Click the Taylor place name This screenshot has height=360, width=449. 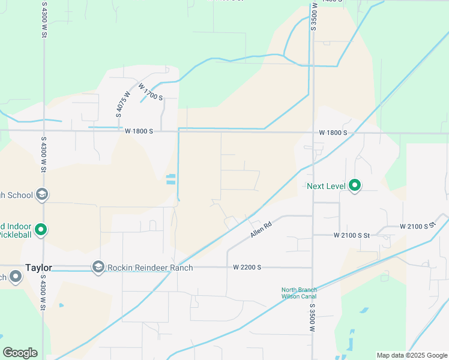click(x=38, y=268)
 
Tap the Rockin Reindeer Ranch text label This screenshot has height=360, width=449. click(x=150, y=268)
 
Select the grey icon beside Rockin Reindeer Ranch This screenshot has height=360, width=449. click(x=98, y=266)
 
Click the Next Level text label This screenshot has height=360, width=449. click(x=326, y=186)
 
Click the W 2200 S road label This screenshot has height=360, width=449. click(x=247, y=267)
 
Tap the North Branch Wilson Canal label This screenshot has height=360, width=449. click(x=299, y=293)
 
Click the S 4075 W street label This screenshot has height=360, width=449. click(x=123, y=103)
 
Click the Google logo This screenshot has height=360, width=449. click(x=20, y=353)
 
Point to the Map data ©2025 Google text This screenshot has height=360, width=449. click(x=411, y=355)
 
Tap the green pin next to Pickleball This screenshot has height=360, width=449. click(x=41, y=229)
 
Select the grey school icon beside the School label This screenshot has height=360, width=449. click(x=42, y=194)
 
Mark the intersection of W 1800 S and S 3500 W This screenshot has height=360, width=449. click(x=313, y=133)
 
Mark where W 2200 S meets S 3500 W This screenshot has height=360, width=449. click(x=313, y=268)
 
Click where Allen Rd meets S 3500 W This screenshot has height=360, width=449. click(x=313, y=216)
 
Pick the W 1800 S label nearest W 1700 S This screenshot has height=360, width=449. click(x=139, y=131)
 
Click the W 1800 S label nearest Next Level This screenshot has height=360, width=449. click(x=333, y=133)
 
